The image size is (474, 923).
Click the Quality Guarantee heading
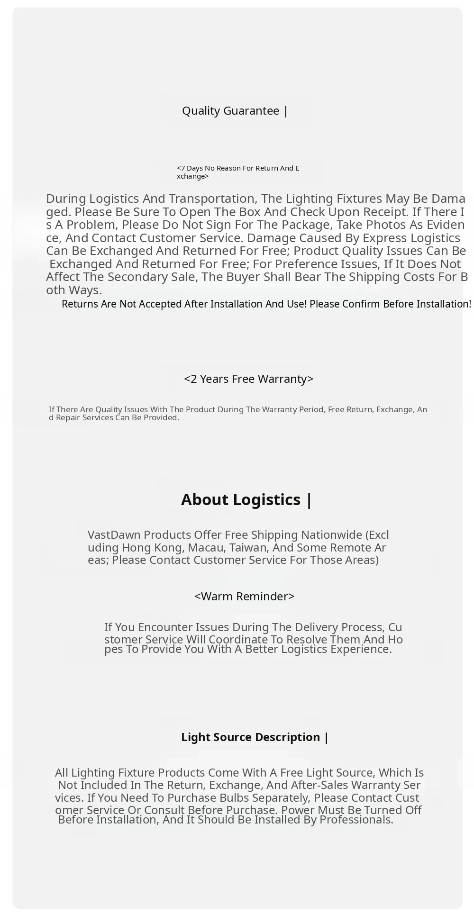235,111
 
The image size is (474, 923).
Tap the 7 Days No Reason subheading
237,172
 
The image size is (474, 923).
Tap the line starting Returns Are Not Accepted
266,304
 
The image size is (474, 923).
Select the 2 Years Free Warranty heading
248,379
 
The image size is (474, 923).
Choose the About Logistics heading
246,500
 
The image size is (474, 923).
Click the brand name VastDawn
114,535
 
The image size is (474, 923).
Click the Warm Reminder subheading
244,597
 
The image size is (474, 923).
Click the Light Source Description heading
255,737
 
